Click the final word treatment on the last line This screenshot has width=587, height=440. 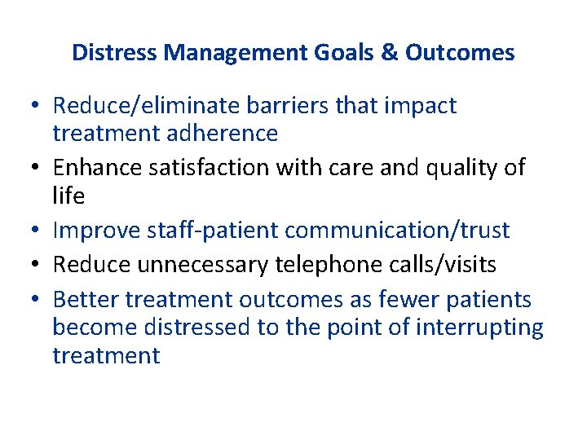106,356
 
